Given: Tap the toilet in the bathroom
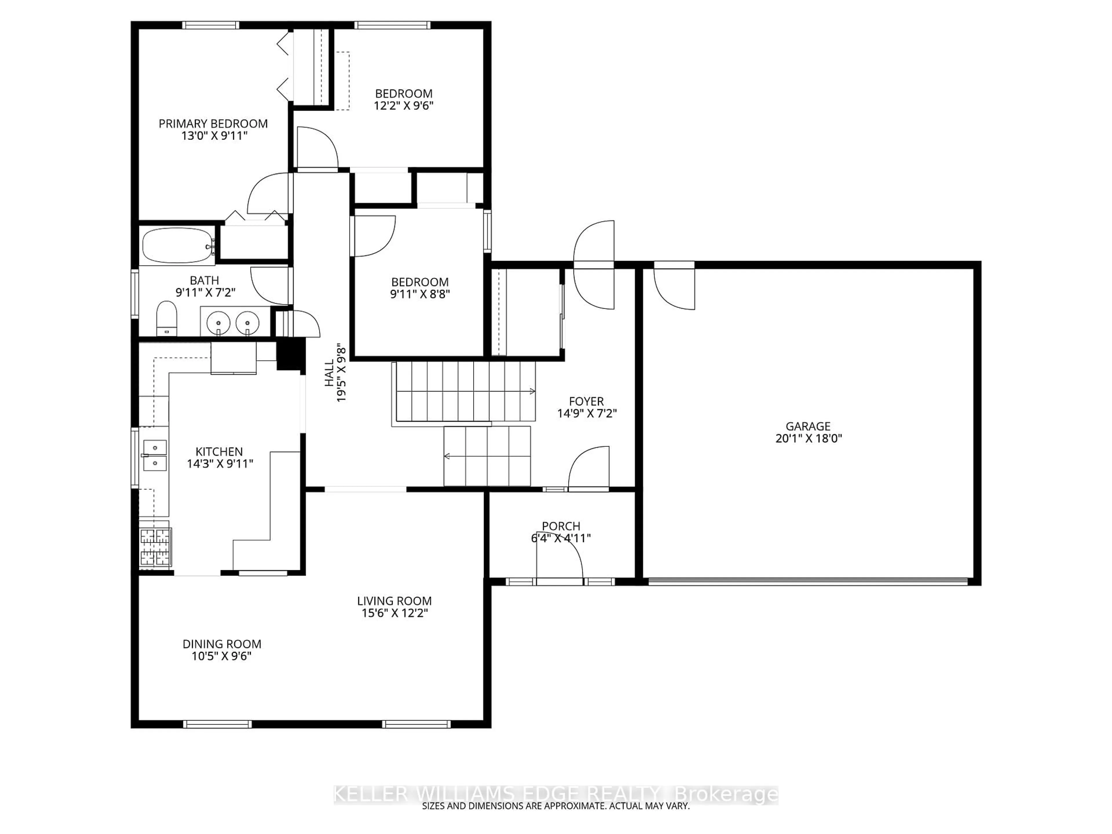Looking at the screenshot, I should tap(167, 318).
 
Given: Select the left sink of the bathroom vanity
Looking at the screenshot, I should tap(219, 321).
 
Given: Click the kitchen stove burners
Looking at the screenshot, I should tap(155, 547).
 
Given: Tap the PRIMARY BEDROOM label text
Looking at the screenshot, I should tap(213, 124).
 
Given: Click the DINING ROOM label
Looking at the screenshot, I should tap(222, 644).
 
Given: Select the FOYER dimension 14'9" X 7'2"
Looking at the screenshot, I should tap(587, 413).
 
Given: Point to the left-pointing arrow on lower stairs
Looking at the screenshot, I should tap(447, 456).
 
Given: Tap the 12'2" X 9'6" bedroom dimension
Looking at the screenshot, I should tap(403, 106).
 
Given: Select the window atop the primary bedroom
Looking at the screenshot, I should tap(210, 25).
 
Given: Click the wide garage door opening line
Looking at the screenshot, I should tap(807, 581).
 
